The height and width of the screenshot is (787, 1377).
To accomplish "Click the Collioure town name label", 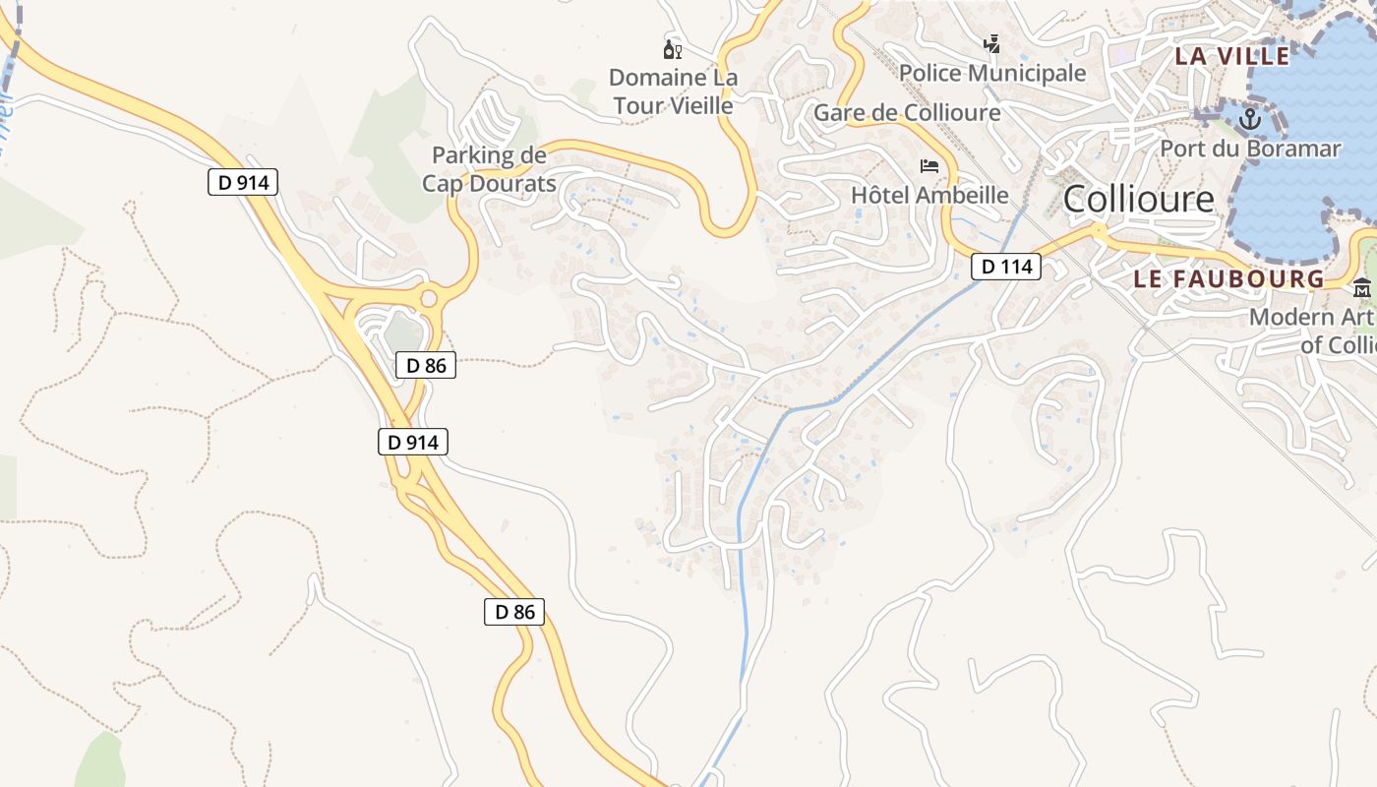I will pos(1139,200).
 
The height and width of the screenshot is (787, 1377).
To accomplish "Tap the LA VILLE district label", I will pos(1231,56).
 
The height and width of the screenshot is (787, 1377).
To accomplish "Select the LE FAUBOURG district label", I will pos(1228,278).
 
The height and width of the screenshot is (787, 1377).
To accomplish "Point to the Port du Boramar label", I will pos(1250,149).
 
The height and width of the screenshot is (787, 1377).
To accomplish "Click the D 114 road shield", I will pos(1006,266).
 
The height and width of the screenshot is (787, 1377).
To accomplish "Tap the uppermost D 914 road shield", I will pos(243,182).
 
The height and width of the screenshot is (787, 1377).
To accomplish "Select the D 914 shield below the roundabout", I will pos(413,442).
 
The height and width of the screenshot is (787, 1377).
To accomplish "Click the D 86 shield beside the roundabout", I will pos(426,365).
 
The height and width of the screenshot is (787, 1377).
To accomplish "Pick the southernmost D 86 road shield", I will pos(514,611).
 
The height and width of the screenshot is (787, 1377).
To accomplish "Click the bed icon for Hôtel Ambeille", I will pos(929,165).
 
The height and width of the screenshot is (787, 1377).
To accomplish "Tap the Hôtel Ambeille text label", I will pos(929,195).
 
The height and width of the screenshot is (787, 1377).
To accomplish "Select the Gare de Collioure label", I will pos(907,112).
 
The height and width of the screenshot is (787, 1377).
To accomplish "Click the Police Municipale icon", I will pos(992,44).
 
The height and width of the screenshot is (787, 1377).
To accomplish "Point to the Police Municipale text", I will pos(992,73).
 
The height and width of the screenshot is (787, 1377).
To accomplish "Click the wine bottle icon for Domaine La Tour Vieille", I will pos(673,49).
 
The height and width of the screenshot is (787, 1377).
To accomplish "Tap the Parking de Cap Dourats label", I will pos(489,169).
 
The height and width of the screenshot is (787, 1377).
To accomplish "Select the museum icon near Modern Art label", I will pos(1362,288).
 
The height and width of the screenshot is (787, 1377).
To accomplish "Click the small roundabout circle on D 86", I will pos(429,298).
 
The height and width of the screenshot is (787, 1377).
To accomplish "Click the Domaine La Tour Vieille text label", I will pos(673,91).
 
